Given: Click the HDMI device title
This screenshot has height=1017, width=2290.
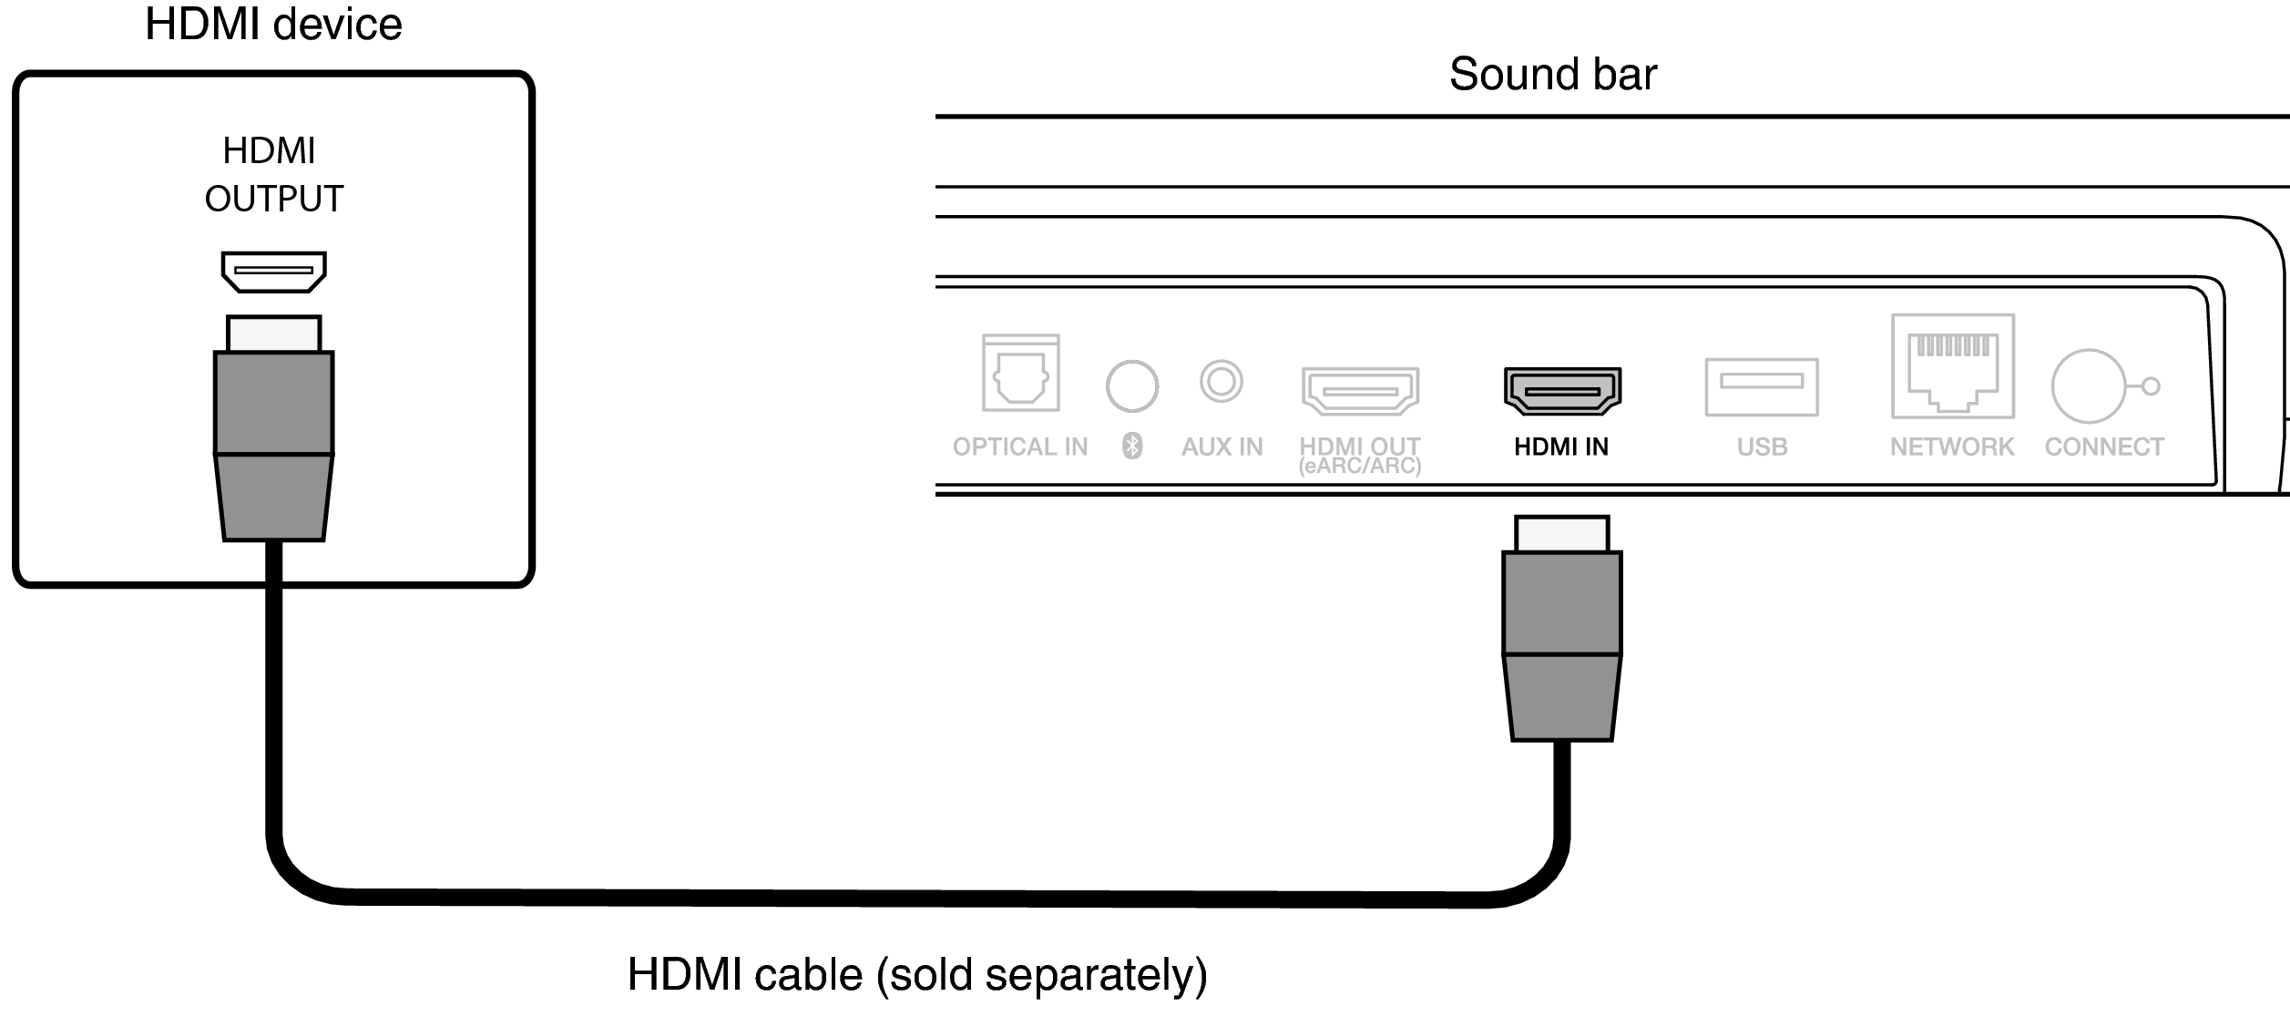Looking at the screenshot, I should [x=273, y=25].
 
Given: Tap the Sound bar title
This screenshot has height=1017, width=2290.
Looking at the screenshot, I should [x=1552, y=74].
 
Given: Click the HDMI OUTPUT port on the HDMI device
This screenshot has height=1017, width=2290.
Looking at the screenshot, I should [x=274, y=272].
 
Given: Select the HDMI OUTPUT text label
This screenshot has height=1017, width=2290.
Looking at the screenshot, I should [x=273, y=174].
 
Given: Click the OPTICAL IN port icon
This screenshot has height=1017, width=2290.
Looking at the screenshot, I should [x=1020, y=374].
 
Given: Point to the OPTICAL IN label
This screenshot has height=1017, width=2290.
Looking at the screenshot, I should [x=1020, y=447].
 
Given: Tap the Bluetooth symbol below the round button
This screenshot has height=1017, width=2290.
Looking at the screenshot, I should [x=1132, y=446].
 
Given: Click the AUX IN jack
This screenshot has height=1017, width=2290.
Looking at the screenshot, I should [x=1222, y=381].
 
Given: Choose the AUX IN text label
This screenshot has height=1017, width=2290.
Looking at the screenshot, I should [x=1222, y=447].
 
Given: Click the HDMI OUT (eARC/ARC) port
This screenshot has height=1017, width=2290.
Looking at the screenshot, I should [x=1360, y=391].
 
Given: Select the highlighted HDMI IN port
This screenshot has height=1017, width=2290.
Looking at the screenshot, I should [x=1562, y=391].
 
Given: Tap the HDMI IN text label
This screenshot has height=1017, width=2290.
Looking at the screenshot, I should [x=1561, y=447].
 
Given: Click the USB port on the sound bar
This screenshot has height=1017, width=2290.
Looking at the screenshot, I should [x=1762, y=386].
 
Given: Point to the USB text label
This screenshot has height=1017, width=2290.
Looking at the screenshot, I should [x=1762, y=447].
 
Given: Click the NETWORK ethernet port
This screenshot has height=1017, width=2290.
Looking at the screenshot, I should [x=1953, y=366].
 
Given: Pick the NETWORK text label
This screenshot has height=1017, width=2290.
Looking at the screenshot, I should [x=1952, y=447].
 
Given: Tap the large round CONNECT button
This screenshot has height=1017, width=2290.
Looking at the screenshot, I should [x=2088, y=386].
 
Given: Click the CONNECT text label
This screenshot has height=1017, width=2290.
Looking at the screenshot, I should [x=2104, y=447].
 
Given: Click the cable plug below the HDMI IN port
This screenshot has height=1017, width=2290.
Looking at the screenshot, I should [x=1562, y=629].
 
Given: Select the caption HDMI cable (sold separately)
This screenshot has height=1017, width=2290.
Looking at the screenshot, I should [x=917, y=975].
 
